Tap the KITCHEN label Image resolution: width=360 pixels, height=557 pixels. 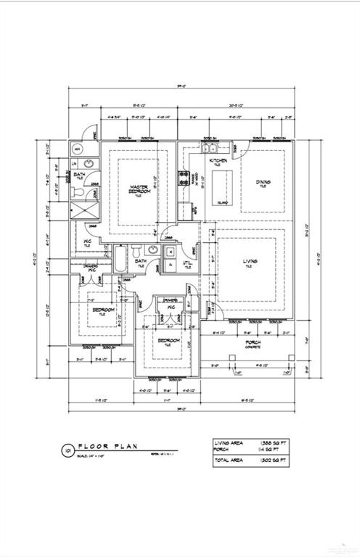click(x=218, y=160)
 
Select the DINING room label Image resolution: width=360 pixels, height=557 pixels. click(x=262, y=183)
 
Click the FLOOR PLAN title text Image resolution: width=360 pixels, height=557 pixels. click(x=107, y=447)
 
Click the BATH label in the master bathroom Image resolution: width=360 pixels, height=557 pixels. click(x=79, y=177)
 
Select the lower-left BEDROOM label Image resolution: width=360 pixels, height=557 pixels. click(x=102, y=311)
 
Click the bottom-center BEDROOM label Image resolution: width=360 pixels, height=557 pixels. click(x=166, y=342)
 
